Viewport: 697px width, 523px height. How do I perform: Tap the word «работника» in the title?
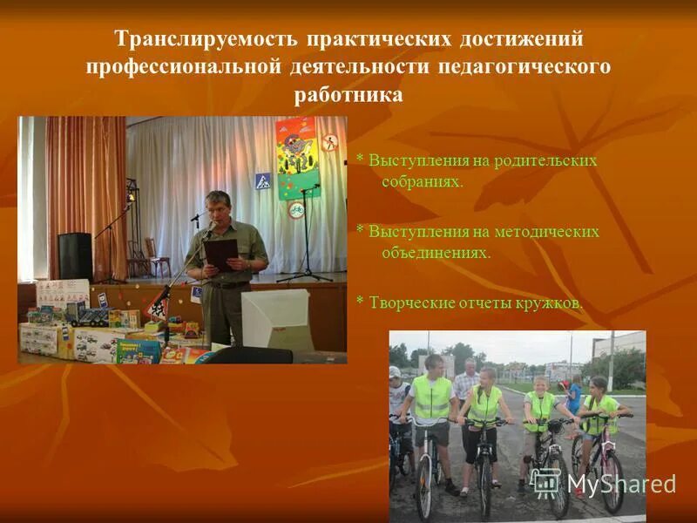click(x=348, y=94)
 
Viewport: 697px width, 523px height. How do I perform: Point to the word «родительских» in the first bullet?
click(x=545, y=161)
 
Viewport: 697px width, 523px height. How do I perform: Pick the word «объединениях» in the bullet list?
click(x=436, y=253)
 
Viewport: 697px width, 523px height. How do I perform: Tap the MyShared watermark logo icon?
click(x=545, y=482)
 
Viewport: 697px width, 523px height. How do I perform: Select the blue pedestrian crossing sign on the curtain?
click(x=262, y=181)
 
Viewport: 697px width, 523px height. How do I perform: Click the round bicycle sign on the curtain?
click(x=296, y=210)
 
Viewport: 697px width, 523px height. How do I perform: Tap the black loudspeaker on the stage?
click(x=75, y=255)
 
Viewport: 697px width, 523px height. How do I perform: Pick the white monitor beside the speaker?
click(x=274, y=318)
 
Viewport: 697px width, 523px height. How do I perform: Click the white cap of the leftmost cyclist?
click(x=396, y=372)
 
